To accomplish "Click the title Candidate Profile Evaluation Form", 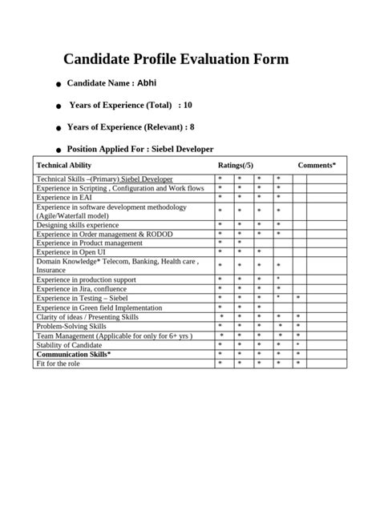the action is tap(176, 59).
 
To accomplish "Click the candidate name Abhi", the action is tap(147, 82).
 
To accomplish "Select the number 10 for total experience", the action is tap(188, 105).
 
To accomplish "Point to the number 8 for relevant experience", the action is tap(192, 127).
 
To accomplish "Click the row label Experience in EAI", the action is tap(64, 196).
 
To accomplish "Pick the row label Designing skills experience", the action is tap(78, 225).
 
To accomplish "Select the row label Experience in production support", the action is tap(87, 279).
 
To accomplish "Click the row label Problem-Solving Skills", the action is tap(71, 326).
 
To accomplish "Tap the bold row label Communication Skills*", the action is tap(74, 354).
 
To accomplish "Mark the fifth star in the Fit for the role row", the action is tap(297, 363).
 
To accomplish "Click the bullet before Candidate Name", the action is tap(59, 84).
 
